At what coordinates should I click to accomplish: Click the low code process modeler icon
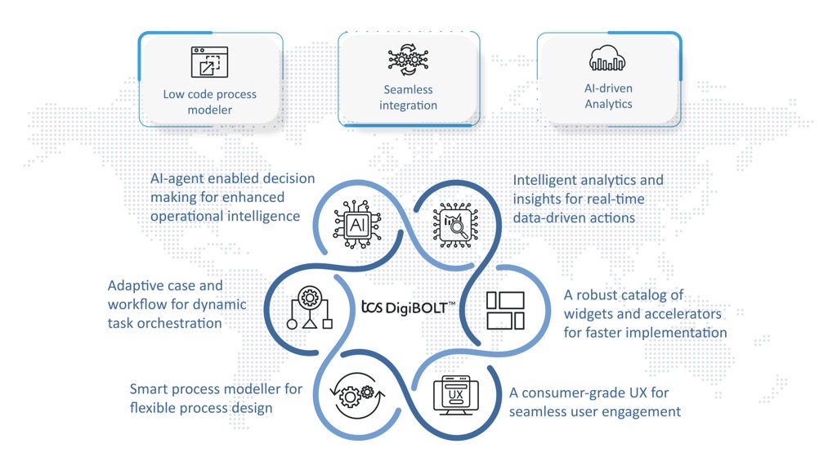(209, 63)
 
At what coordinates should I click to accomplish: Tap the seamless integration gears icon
(409, 61)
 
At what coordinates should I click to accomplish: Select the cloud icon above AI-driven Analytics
(608, 60)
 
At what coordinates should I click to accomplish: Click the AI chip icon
(357, 221)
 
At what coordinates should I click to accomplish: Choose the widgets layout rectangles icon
(505, 311)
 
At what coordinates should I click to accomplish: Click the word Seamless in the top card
(408, 90)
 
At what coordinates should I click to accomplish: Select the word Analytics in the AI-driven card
(608, 104)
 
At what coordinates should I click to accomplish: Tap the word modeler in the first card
(210, 110)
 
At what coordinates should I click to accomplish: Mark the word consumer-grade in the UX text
(572, 393)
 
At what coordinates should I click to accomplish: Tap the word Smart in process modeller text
(149, 389)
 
